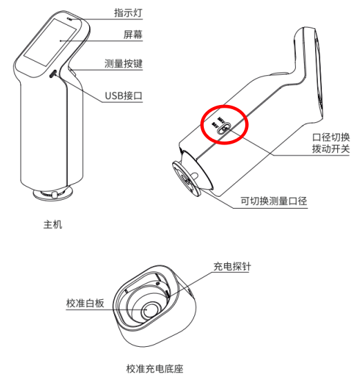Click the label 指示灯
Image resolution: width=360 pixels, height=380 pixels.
pyautogui.click(x=129, y=12)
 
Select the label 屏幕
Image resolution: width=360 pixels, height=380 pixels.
pyautogui.click(x=124, y=33)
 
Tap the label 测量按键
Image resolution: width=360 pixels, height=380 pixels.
pyautogui.click(x=124, y=64)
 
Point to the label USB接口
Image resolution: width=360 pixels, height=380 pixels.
pyautogui.click(x=124, y=95)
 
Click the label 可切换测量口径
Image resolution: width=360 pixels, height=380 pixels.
pyautogui.click(x=273, y=201)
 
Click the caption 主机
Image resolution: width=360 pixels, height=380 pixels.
pyautogui.click(x=53, y=224)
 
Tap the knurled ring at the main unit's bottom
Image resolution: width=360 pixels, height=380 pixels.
pyautogui.click(x=52, y=196)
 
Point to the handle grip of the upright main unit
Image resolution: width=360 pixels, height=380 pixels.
pyautogui.click(x=48, y=138)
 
